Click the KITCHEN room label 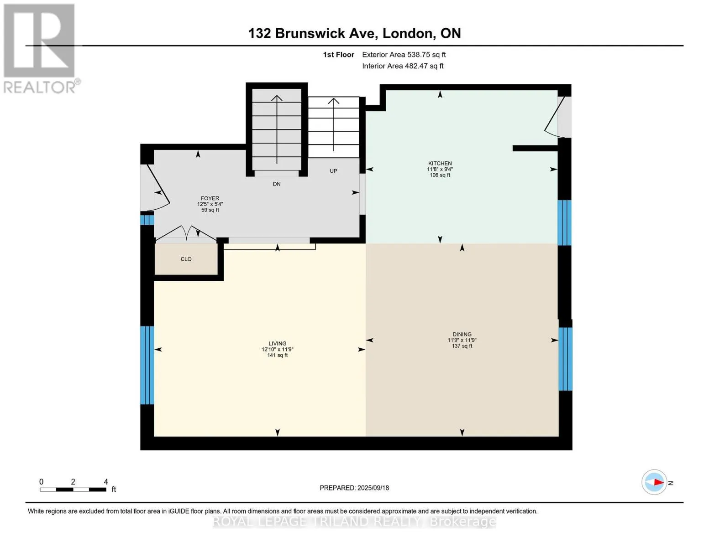click(440, 163)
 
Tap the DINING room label click(462, 334)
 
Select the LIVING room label click(277, 343)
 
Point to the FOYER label click(210, 198)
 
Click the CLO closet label click(186, 259)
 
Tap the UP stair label click(333, 171)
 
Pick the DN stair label click(277, 184)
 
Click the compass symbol click(654, 482)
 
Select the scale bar click(73, 489)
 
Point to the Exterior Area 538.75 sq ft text click(404, 55)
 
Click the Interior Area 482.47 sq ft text click(403, 66)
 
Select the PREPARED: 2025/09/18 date click(354, 488)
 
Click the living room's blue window click(147, 365)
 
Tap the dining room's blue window click(565, 359)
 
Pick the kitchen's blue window click(564, 222)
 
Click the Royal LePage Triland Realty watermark click(354, 521)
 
